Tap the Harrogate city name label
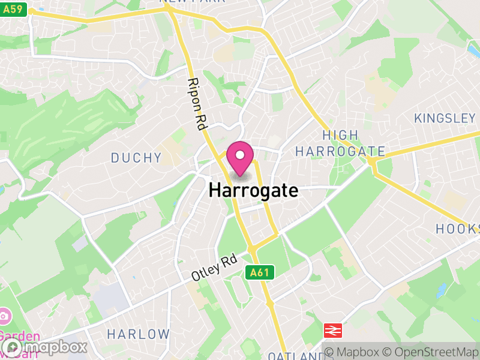(x=253, y=191)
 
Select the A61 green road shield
(x=260, y=272)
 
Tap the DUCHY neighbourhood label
(x=136, y=158)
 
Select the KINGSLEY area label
(x=445, y=118)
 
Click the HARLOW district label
(x=138, y=334)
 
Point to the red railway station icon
(x=332, y=330)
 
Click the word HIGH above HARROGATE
(x=340, y=136)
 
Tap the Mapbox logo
(x=45, y=347)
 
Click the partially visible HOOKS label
(x=458, y=229)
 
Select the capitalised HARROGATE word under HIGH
(x=340, y=151)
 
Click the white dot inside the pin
(x=241, y=155)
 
